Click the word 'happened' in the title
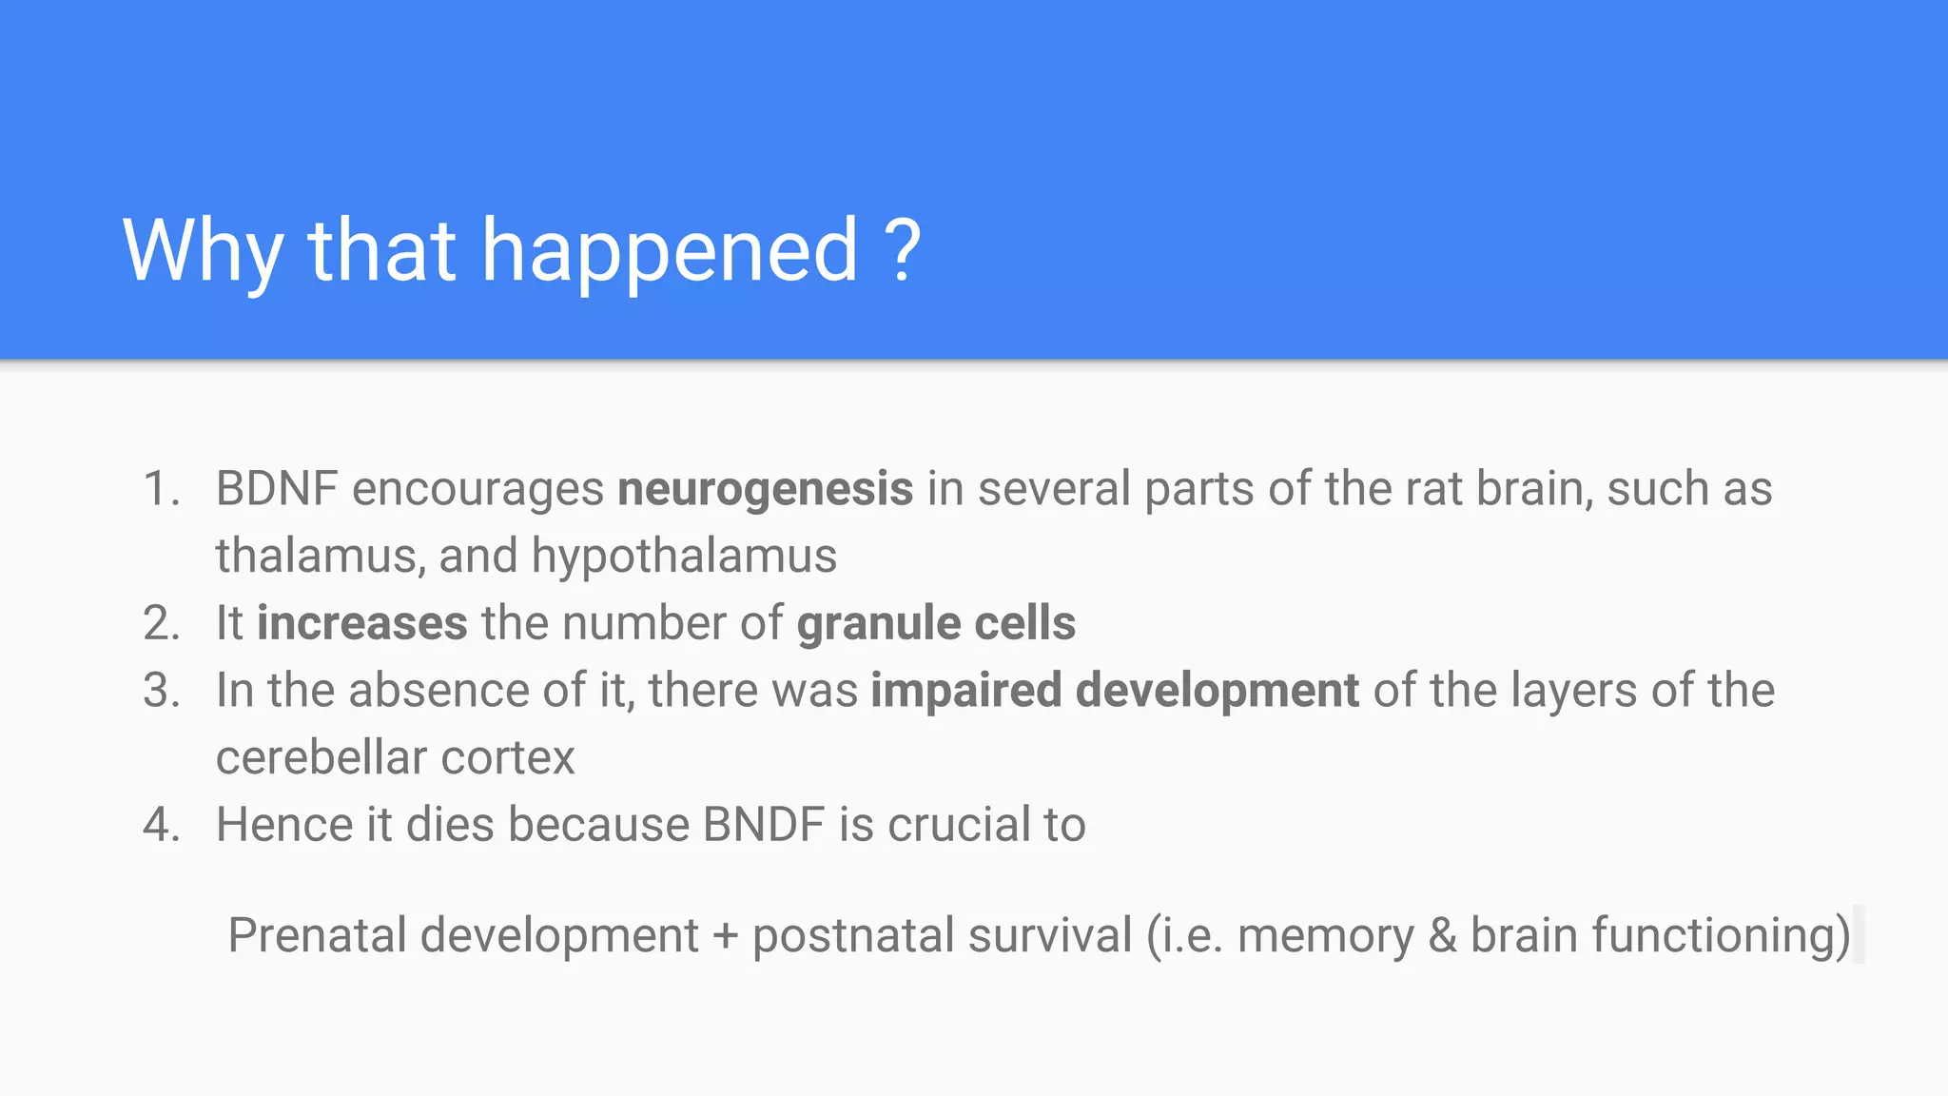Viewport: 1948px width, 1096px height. point(670,251)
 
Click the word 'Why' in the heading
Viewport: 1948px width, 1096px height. point(203,251)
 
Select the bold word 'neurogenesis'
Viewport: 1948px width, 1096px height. point(765,489)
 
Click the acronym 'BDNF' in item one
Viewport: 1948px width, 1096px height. point(277,489)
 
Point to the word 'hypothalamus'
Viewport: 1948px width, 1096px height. point(684,557)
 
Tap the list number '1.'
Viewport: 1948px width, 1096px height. point(162,489)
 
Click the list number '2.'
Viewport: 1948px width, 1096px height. point(162,624)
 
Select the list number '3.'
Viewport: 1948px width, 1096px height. point(162,691)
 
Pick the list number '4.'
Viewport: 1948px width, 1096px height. point(162,825)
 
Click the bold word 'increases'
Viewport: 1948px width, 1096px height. point(361,624)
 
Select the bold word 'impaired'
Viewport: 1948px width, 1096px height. point(965,691)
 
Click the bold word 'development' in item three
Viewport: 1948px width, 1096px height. point(1217,691)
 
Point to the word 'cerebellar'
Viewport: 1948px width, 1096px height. point(321,758)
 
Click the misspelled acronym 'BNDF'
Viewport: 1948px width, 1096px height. point(763,825)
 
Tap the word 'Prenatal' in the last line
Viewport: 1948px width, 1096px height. point(317,935)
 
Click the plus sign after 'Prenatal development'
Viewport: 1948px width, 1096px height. point(726,936)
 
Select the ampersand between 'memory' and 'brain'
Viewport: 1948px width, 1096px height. point(1442,935)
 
